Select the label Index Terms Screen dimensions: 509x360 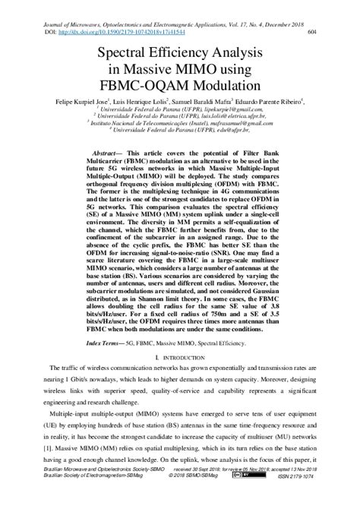[x=103, y=321]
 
